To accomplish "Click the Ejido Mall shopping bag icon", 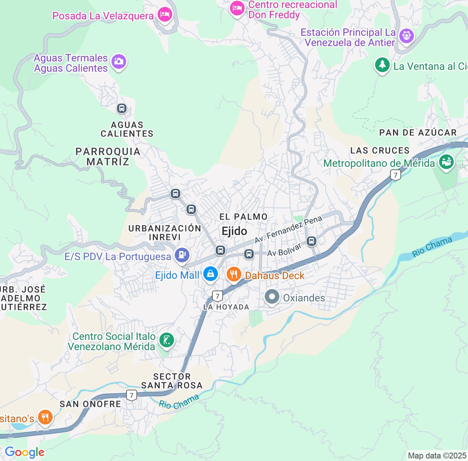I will tap(210, 273).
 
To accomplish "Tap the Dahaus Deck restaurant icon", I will tap(234, 273).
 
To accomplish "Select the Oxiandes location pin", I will tap(272, 297).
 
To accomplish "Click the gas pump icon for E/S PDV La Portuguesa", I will tap(182, 254).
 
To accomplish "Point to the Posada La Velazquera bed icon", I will tap(165, 14).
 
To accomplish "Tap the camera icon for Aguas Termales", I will tap(118, 61).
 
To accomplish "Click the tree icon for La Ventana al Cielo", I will tap(382, 65).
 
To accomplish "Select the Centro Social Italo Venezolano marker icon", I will tap(166, 340).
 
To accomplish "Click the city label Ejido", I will tap(234, 231).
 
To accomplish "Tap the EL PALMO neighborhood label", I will tap(244, 217).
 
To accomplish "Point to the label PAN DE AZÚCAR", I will tap(418, 132).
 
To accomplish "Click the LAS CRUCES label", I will tap(380, 150).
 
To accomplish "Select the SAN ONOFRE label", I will tap(90, 404).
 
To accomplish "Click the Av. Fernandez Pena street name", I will tap(288, 229).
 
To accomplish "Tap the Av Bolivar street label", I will tap(284, 250).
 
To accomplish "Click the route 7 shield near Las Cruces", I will tap(395, 175).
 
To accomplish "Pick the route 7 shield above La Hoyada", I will tap(218, 296).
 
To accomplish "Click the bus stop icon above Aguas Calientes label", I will tap(121, 108).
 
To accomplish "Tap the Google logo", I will tap(24, 452).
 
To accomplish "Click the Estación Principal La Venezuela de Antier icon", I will tap(407, 35).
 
